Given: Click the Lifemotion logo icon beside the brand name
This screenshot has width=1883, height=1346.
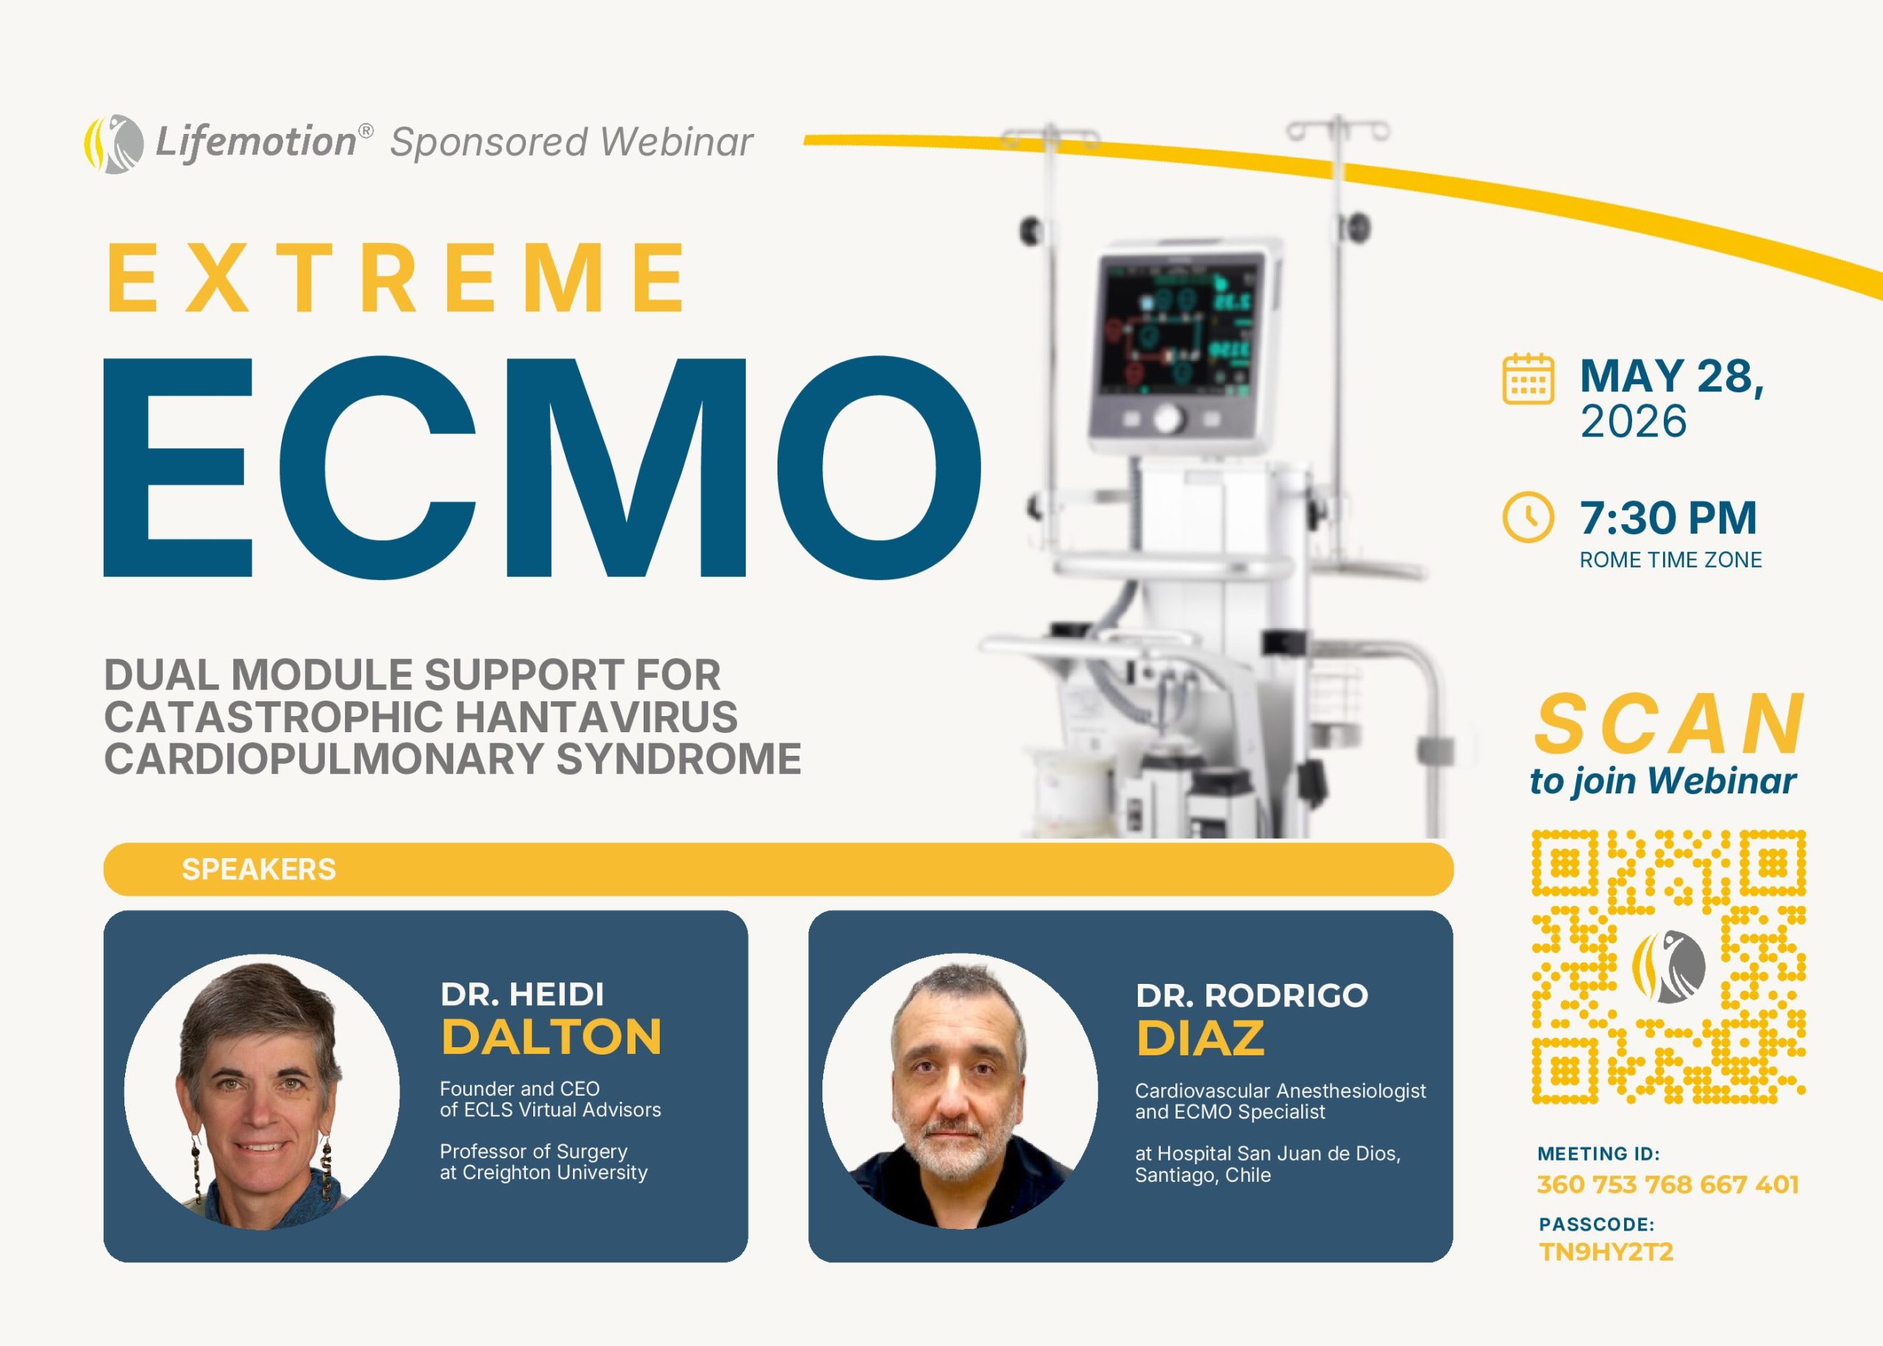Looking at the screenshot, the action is tap(113, 144).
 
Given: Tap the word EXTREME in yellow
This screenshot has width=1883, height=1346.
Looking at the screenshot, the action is tap(396, 278).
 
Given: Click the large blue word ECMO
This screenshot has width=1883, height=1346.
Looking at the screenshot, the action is tap(542, 467).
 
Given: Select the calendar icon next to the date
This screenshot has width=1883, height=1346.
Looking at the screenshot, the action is tap(1528, 379).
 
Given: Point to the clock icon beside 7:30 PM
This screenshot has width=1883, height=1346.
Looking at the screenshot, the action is tap(1528, 517).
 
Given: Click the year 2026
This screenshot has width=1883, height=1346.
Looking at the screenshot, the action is tap(1633, 422).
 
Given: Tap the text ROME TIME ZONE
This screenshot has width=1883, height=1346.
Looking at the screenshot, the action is tap(1670, 560).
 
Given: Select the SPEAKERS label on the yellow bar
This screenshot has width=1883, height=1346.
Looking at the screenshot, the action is tap(258, 869).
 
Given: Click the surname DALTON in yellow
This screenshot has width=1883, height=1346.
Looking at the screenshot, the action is tap(551, 1037).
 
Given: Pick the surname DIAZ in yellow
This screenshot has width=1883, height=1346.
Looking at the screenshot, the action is tap(1200, 1038).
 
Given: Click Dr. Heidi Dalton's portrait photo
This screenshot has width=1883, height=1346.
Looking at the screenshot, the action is tap(262, 1091).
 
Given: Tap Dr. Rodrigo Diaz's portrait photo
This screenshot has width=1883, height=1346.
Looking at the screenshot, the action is tap(960, 1091).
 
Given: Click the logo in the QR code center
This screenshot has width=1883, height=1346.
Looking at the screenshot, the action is tap(1668, 966).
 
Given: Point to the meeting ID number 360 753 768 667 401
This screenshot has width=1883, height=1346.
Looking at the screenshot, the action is tap(1667, 1184).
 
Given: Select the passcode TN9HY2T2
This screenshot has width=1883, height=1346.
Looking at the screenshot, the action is tap(1606, 1252).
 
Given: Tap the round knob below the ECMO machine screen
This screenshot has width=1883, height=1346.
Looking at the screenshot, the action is tap(1168, 419).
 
